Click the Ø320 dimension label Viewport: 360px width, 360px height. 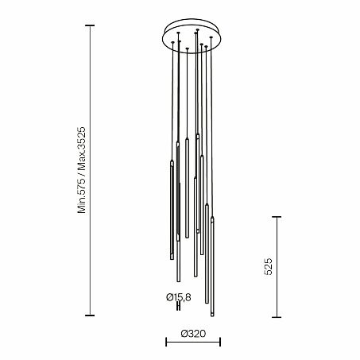tap(193, 334)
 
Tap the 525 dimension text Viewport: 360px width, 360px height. tap(268, 266)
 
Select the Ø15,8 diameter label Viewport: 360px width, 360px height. tap(179, 297)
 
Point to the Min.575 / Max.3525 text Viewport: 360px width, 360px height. tap(82, 170)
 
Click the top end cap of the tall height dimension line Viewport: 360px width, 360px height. tap(90, 25)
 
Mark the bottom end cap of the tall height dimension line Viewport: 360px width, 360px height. tap(90, 315)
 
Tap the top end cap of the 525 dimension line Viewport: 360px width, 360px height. tap(277, 217)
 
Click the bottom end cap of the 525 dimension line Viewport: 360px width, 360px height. tap(277, 317)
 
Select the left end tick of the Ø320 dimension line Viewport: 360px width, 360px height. tap(166, 342)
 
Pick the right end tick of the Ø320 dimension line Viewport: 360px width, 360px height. tap(220, 342)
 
